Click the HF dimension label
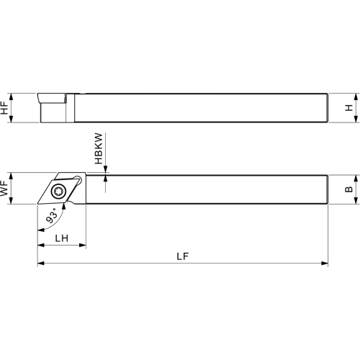pyautogui.click(x=4, y=108)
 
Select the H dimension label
pyautogui.click(x=349, y=108)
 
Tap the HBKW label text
pyautogui.click(x=99, y=148)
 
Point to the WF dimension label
pyautogui.click(x=4, y=189)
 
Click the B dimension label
pyautogui.click(x=349, y=189)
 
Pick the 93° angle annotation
pyautogui.click(x=52, y=215)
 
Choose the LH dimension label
pyautogui.click(x=62, y=238)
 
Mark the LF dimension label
pyautogui.click(x=183, y=256)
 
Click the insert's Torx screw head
pyautogui.click(x=58, y=192)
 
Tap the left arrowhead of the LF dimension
pyautogui.click(x=41, y=264)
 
